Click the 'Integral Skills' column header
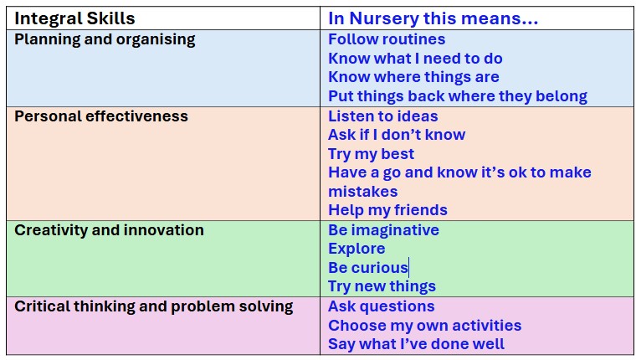tap(74, 18)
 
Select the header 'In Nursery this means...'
tap(433, 18)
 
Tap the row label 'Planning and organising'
tap(105, 40)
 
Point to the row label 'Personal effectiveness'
tap(101, 116)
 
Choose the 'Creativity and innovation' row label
tap(109, 230)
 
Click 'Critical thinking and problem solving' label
tap(154, 306)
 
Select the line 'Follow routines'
tap(387, 39)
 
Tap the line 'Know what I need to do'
tap(415, 59)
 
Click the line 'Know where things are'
tap(413, 77)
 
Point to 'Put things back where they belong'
tap(458, 96)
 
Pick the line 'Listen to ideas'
tap(383, 116)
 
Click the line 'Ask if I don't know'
tap(397, 135)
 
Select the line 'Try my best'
tap(371, 154)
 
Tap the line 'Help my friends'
tap(387, 210)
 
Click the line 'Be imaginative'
tap(383, 230)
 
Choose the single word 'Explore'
tap(356, 249)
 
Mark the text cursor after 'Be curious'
tap(409, 268)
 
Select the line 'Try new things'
tap(382, 286)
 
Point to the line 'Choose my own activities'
tap(424, 326)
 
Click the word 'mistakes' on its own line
tap(362, 192)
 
